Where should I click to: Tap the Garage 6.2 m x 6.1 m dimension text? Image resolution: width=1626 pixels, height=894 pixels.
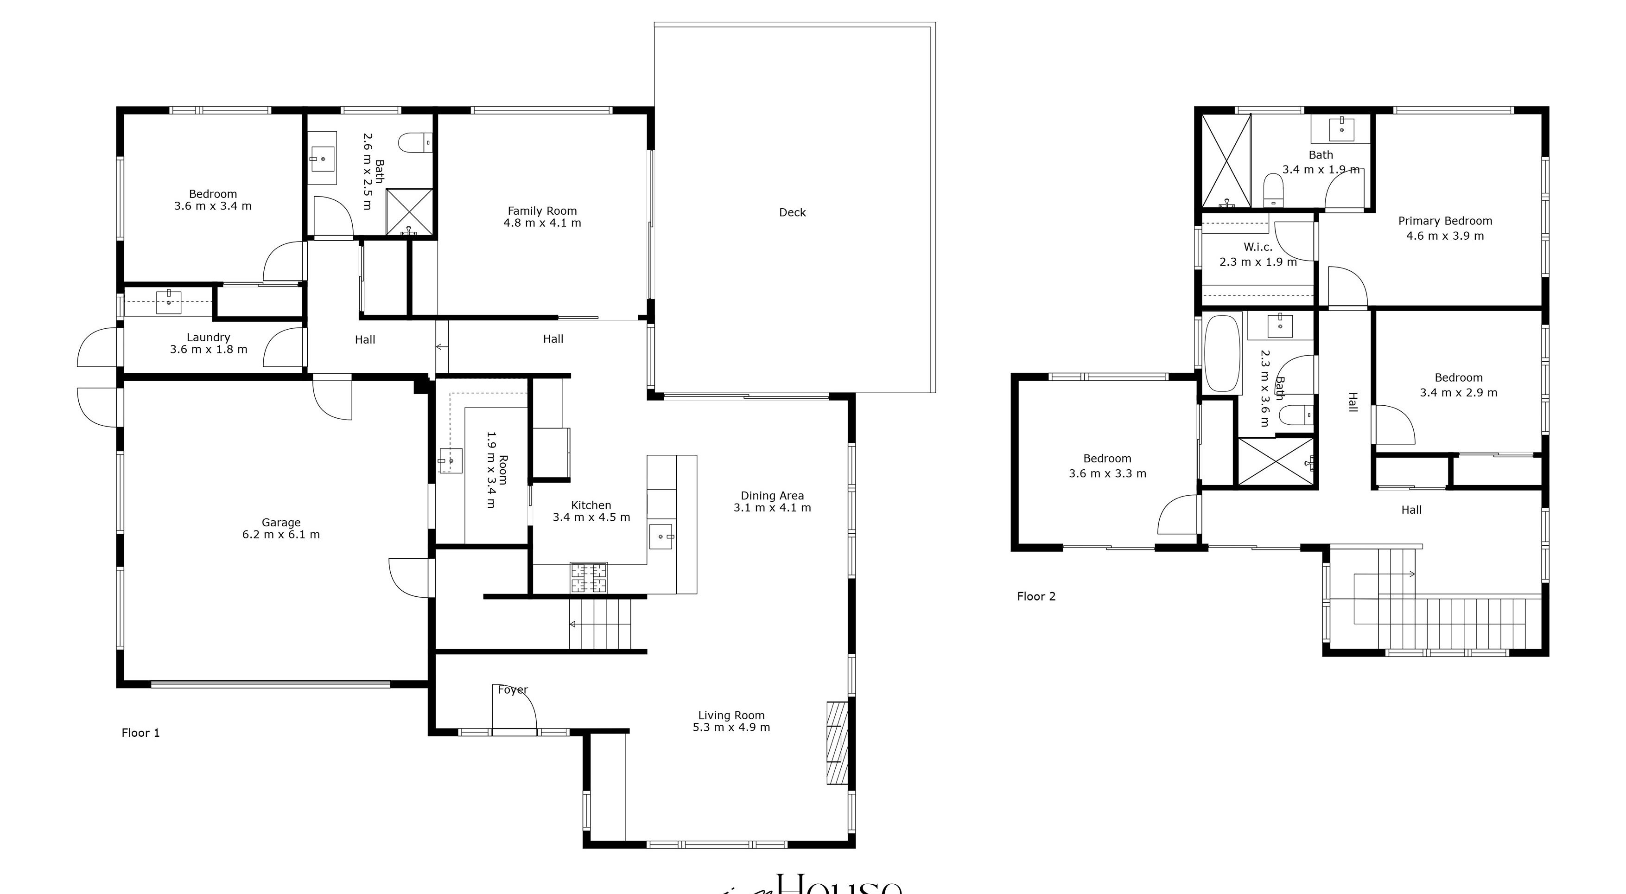[x=281, y=535]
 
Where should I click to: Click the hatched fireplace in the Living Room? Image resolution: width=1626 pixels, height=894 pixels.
[x=837, y=743]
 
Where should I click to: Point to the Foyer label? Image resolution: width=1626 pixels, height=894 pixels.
[x=513, y=690]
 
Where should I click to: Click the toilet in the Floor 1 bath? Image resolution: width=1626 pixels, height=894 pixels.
[x=416, y=143]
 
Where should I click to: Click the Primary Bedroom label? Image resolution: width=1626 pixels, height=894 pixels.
[x=1445, y=221]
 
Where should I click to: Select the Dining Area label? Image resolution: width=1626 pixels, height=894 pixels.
[x=772, y=496]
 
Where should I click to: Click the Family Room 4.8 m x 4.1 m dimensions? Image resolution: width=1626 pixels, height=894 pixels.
[x=542, y=223]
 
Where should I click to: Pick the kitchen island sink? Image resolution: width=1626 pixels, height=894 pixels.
[x=661, y=536]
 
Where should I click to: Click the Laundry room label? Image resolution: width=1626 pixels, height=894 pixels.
[x=208, y=338]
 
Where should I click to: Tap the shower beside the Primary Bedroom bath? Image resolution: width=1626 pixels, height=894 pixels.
[x=1226, y=161]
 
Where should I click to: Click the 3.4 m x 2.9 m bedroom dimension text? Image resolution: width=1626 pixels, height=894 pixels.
[x=1458, y=393]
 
